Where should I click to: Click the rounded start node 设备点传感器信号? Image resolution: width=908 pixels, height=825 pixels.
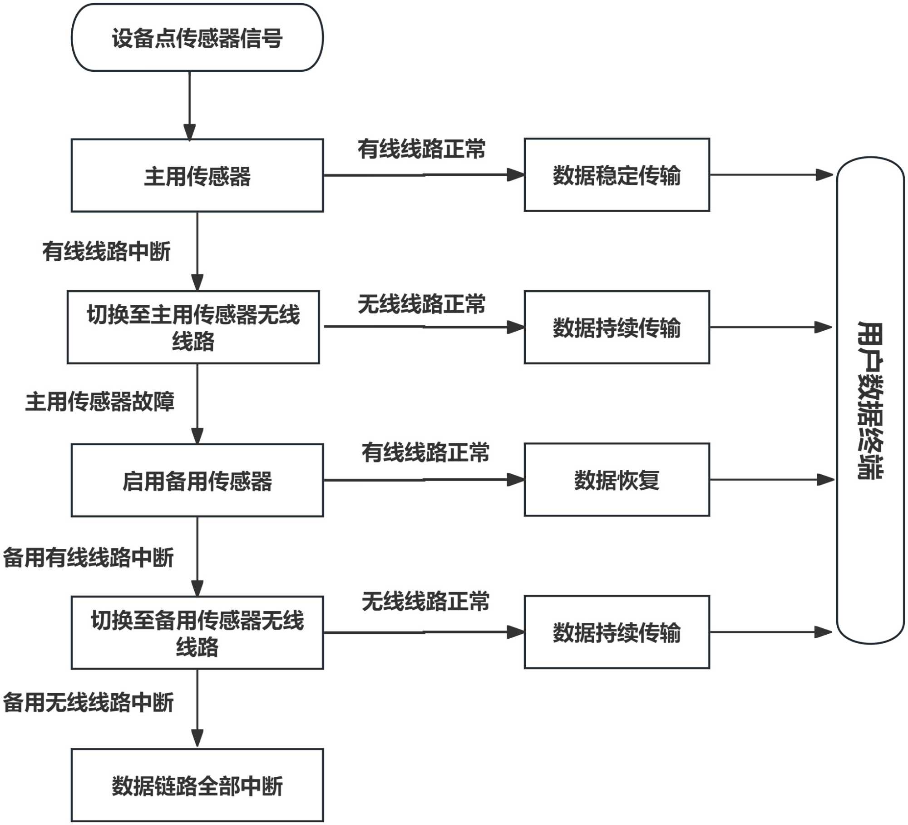click(197, 38)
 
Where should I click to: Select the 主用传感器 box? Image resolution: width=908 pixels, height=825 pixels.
click(197, 175)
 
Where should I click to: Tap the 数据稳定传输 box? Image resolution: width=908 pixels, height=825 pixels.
click(617, 175)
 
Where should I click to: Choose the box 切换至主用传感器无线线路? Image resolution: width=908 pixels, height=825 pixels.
click(193, 327)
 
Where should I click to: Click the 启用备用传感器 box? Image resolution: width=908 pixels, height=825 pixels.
click(197, 480)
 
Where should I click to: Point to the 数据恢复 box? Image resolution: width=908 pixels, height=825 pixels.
click(617, 480)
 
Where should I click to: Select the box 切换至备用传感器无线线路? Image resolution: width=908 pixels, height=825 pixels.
click(197, 632)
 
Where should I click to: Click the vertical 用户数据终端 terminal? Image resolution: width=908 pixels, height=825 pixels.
click(870, 400)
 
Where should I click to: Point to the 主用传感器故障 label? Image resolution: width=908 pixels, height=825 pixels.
click(100, 402)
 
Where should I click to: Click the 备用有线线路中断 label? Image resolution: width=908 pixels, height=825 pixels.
click(89, 557)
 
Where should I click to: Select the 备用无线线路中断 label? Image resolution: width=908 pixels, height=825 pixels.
click(89, 702)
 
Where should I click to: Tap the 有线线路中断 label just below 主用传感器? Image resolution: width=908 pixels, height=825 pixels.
click(107, 251)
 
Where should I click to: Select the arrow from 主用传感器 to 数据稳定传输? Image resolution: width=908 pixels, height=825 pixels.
click(423, 175)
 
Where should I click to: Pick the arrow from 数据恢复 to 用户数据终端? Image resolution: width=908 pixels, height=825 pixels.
click(772, 480)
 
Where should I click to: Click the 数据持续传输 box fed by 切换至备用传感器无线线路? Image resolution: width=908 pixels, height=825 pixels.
click(617, 632)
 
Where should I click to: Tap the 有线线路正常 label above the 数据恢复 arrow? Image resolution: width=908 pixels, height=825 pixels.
click(425, 452)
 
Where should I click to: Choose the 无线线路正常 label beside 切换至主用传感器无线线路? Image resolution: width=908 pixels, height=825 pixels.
click(422, 304)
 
